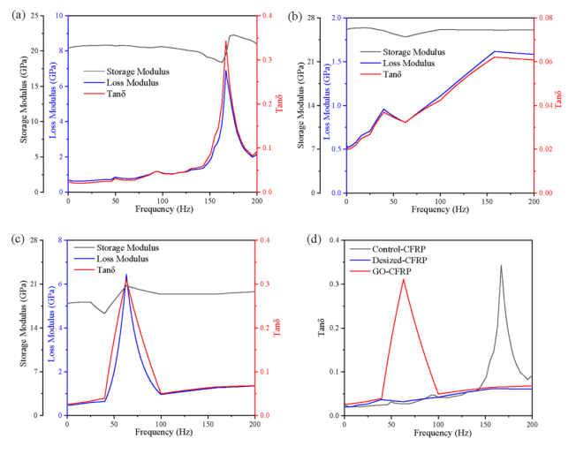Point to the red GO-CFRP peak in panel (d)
(x=403, y=279)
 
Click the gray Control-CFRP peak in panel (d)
(x=501, y=265)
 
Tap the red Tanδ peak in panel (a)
(x=226, y=42)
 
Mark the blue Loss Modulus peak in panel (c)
(x=126, y=275)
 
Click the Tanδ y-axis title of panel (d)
(x=319, y=328)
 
